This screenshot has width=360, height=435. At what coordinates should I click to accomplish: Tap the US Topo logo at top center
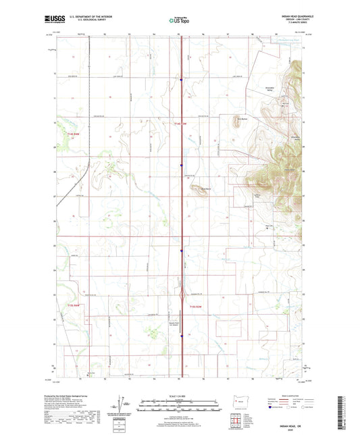180,20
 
